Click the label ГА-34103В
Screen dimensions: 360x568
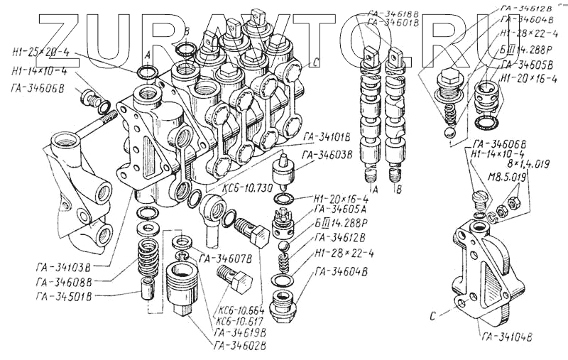63,268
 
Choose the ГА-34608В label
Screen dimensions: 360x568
63,281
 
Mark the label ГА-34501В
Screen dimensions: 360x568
63,295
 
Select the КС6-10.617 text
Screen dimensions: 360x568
236,321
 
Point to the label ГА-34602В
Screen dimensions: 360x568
240,346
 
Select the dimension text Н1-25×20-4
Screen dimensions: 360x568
41,51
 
